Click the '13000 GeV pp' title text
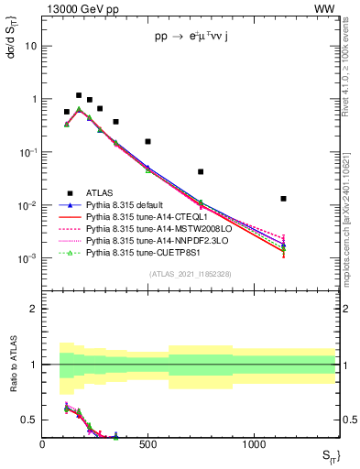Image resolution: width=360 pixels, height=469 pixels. click(78, 8)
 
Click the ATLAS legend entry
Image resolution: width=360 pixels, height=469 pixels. click(100, 192)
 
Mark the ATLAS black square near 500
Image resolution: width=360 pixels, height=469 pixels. click(147, 142)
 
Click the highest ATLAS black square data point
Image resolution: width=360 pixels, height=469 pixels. click(79, 95)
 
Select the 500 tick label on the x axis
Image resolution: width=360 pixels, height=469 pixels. click(147, 444)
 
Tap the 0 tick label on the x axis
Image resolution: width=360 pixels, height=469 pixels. click(42, 444)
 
